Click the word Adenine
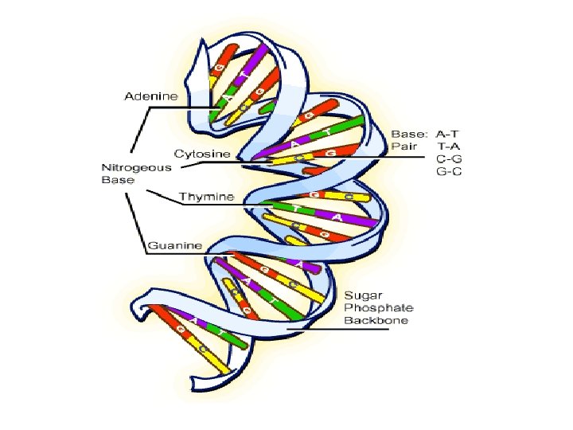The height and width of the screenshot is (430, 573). tap(150, 97)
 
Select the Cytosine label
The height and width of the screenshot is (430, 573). tap(202, 153)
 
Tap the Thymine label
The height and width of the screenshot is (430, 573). tap(206, 196)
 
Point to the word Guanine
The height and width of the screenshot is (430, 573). tap(176, 244)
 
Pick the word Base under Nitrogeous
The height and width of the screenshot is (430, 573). tap(117, 180)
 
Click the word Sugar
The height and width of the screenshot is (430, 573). tap(360, 295)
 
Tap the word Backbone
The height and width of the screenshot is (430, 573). tap(376, 320)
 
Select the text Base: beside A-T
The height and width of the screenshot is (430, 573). tap(409, 134)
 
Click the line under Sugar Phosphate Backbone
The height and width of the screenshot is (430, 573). tap(342, 330)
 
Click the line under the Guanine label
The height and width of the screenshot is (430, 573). tap(175, 254)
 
